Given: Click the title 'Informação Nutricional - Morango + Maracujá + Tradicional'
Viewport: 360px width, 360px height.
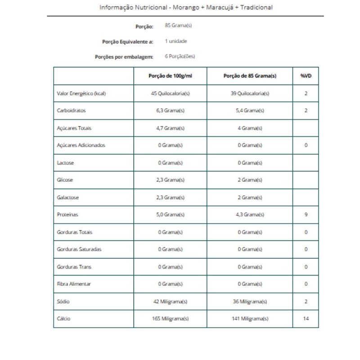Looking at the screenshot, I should click(x=185, y=8).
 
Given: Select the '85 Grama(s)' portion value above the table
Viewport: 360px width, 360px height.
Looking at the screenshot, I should click(x=179, y=26).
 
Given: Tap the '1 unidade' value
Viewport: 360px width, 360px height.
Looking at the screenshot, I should click(x=176, y=41).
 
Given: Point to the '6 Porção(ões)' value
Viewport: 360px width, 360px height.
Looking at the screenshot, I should click(x=180, y=56).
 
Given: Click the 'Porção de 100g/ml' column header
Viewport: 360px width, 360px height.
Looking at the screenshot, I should click(x=171, y=76).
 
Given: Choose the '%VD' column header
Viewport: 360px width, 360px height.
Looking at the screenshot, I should click(x=306, y=76).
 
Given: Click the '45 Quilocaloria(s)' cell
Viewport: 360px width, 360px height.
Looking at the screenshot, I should click(x=171, y=94).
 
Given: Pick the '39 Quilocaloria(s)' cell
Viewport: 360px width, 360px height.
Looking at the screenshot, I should click(x=250, y=94).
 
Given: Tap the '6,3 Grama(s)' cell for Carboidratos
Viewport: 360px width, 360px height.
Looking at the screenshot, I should click(x=171, y=111).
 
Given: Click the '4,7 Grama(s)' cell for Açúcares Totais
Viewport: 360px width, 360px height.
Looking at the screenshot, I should click(x=171, y=128).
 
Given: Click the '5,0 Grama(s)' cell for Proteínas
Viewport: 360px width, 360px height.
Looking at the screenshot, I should click(x=171, y=215).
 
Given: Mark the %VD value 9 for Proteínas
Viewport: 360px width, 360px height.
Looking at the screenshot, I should click(x=306, y=215).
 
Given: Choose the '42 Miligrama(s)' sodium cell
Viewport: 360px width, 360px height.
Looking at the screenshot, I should click(x=171, y=301).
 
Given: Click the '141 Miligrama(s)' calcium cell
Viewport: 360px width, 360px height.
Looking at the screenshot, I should click(x=250, y=319).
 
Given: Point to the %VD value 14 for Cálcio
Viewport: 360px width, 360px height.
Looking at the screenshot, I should click(x=306, y=319).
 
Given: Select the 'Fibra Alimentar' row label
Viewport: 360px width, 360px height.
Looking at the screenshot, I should click(x=74, y=284).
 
